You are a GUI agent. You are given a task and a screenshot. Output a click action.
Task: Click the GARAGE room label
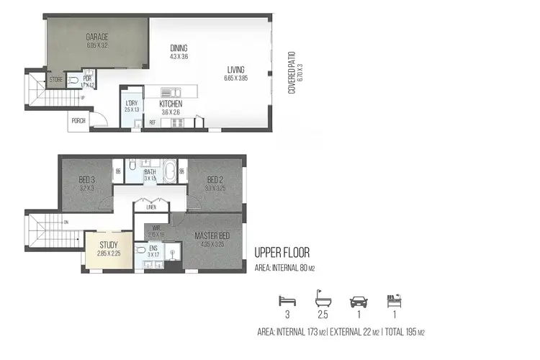tap(96, 36)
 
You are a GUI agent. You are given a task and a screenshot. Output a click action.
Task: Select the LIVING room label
tap(235, 70)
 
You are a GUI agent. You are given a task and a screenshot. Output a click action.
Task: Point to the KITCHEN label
tap(171, 104)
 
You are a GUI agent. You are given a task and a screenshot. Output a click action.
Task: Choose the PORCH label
tap(78, 120)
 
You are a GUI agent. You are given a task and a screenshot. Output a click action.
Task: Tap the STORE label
tap(55, 79)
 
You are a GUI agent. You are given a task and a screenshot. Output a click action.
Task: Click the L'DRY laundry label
tap(131, 104)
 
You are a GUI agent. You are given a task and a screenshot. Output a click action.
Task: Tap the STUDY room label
tap(109, 245)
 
